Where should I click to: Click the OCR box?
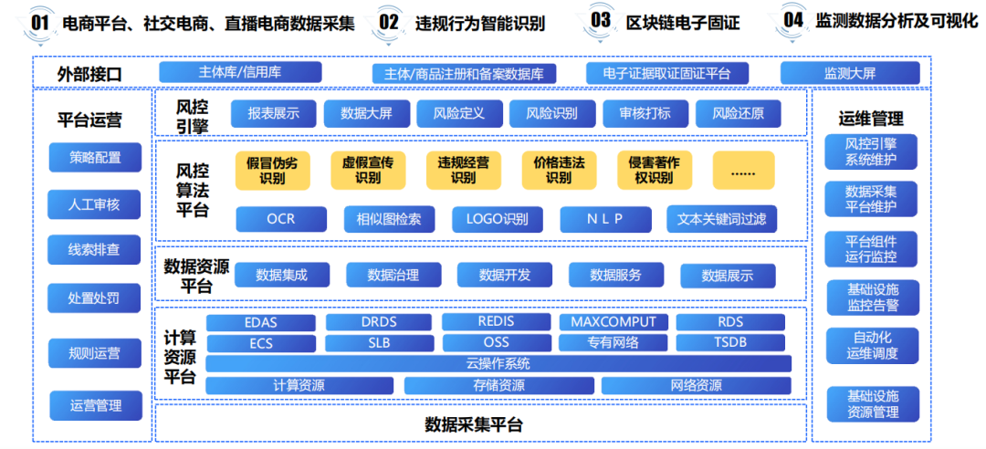(280, 219)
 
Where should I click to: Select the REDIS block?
(496, 322)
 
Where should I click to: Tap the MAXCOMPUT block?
(614, 322)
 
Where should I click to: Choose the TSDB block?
(730, 343)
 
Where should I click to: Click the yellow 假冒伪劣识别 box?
(272, 170)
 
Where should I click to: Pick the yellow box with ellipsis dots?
(743, 171)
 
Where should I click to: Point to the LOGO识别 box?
(497, 219)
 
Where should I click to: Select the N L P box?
(604, 219)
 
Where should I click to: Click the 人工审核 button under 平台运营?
(95, 204)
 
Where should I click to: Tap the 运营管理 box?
(95, 405)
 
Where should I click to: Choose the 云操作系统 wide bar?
(498, 363)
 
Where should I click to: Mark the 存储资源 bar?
(498, 385)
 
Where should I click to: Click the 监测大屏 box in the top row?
(850, 73)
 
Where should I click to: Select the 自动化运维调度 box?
(872, 345)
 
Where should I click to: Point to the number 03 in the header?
(601, 20)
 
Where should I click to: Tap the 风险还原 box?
(738, 113)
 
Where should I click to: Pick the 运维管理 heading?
(871, 118)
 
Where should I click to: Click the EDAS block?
(261, 322)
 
